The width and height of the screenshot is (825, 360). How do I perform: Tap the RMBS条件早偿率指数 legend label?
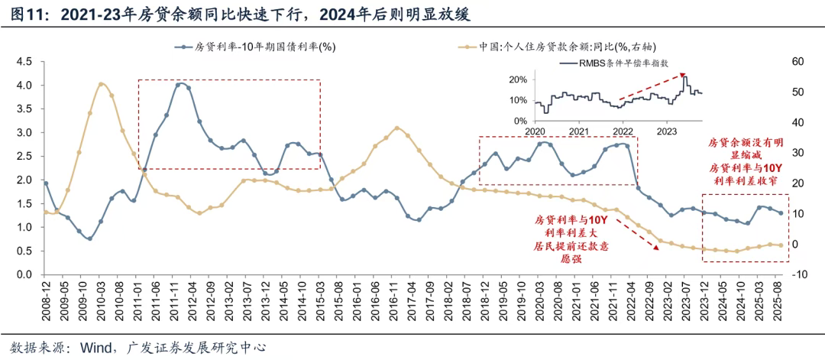coord(624,63)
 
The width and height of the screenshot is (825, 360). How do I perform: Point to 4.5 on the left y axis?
coord(24,61)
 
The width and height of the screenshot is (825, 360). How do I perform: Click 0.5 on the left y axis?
coord(24,251)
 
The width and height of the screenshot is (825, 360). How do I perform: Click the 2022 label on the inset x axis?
coord(623,131)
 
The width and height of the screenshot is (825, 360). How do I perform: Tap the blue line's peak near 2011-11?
coord(178,84)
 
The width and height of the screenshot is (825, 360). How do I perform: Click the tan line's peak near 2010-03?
coord(102,83)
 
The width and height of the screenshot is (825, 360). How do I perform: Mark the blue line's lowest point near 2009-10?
coord(89,238)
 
